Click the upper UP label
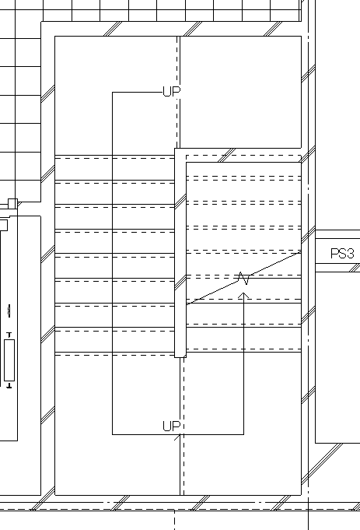pos(172,91)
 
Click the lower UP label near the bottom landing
pos(172,426)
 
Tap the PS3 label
pos(342,254)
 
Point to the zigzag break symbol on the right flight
pos(244,278)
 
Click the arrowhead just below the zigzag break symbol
pos(243,296)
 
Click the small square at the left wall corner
pos(12,203)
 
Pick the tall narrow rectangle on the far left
pos(9,360)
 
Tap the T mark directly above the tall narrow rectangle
pos(9,335)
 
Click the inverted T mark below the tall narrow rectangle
pos(9,385)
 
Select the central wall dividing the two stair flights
pos(180,253)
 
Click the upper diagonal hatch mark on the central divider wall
pos(180,202)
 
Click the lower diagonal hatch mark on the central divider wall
pos(180,283)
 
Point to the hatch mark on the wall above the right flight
pos(227,155)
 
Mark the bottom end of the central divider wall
pos(180,357)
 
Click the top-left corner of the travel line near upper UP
pos(113,92)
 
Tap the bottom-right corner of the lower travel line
pos(244,434)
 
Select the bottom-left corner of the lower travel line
pos(113,434)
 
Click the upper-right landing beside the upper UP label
pos(240,92)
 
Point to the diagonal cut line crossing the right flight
pos(244,278)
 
